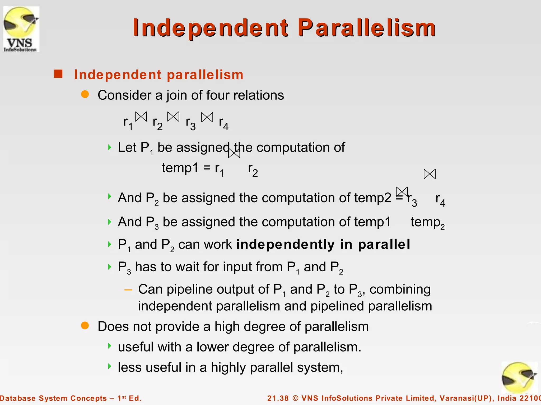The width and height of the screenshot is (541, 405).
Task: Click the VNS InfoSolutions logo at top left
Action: (21, 29)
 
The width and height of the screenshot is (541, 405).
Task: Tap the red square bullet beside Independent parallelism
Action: (58, 74)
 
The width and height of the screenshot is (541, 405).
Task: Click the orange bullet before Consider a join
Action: (85, 94)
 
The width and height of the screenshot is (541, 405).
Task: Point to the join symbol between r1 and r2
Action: (141, 117)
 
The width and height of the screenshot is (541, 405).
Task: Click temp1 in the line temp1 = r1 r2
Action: (180, 168)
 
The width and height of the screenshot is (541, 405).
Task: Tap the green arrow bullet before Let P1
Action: (110, 147)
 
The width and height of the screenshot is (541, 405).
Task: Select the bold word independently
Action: (285, 244)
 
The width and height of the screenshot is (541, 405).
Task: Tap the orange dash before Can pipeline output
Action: (128, 290)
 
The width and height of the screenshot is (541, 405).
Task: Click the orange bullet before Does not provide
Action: (85, 326)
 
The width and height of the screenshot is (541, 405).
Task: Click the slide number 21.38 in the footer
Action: (278, 398)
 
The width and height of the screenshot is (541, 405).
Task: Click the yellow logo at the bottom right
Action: (519, 378)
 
